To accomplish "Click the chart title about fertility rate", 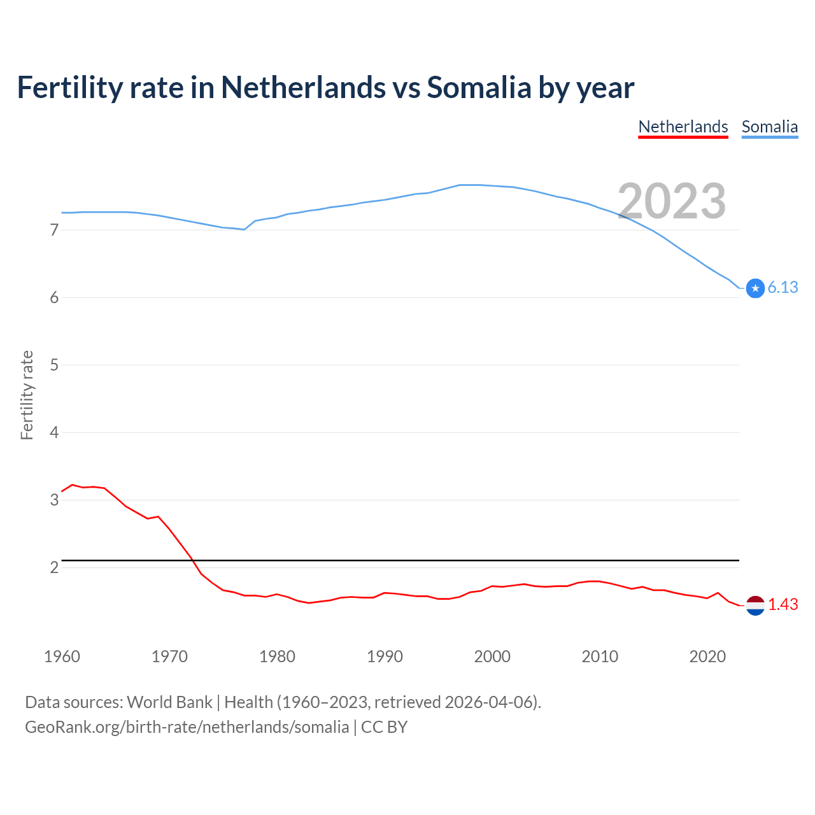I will (x=325, y=88).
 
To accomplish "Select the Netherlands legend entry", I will (x=683, y=127).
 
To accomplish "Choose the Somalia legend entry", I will (x=769, y=127).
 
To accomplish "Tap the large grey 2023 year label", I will (x=672, y=201).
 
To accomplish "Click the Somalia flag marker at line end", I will (x=755, y=288).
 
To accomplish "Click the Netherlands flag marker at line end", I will (x=755, y=606).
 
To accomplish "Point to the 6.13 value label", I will (x=783, y=288).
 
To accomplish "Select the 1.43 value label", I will (x=783, y=605).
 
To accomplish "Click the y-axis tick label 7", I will (x=54, y=230).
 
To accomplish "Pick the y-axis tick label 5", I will (x=54, y=365).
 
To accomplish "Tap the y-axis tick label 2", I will (x=54, y=567).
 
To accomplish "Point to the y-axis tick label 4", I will (x=54, y=432).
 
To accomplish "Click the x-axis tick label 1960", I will (x=62, y=656).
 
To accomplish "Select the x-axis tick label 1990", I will (x=385, y=656).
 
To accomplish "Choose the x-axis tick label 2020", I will (x=707, y=656).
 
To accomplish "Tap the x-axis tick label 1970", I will (x=169, y=656).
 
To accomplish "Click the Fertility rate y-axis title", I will (x=27, y=395).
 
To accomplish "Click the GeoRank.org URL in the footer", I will (x=187, y=727).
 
